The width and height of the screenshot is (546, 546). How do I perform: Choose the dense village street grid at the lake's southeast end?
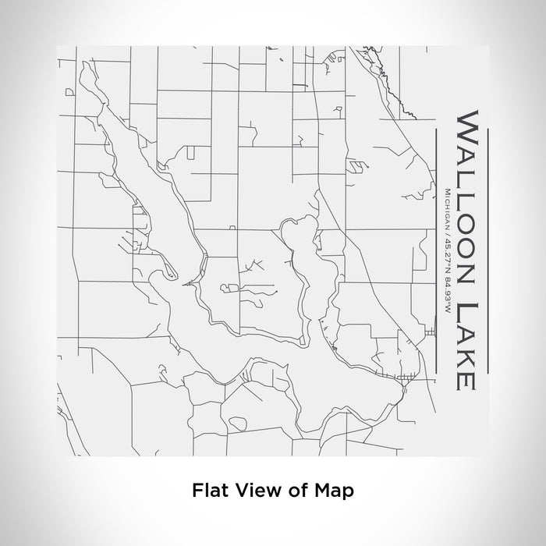[401, 380]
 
